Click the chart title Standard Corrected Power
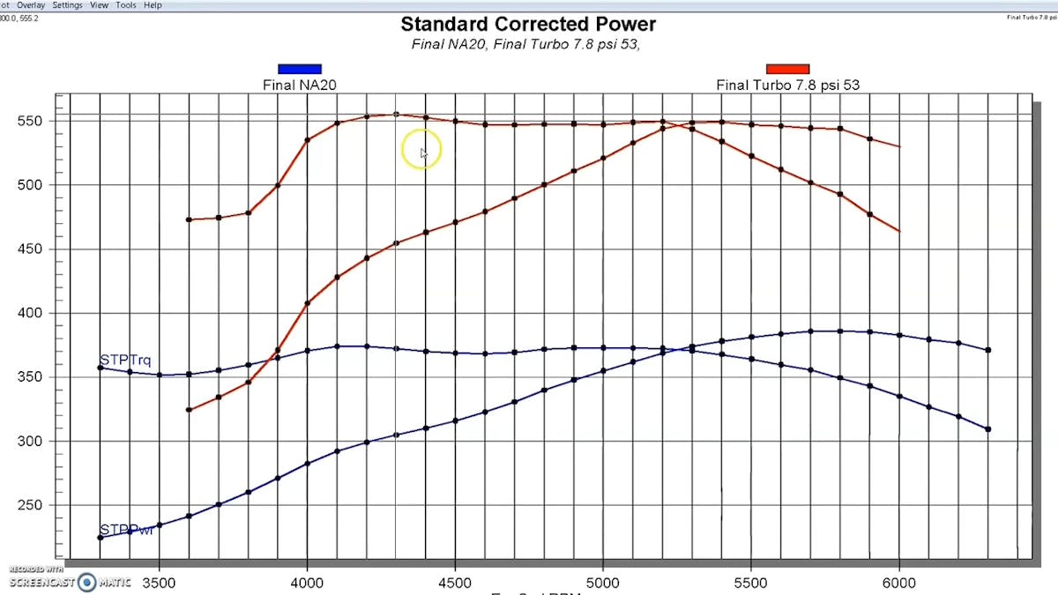(x=528, y=24)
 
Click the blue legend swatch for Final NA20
(x=300, y=69)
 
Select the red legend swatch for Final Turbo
(x=787, y=69)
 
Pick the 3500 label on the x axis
(x=159, y=583)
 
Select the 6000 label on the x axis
(x=899, y=583)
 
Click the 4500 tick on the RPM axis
(x=454, y=583)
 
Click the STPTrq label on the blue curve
(x=125, y=360)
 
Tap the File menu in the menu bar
(x=5, y=5)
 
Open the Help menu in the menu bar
(x=153, y=5)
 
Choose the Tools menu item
(x=126, y=5)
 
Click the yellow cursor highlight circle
(x=421, y=152)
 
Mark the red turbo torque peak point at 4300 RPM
(x=396, y=114)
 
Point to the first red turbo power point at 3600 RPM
(x=189, y=410)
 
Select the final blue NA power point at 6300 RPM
(x=988, y=429)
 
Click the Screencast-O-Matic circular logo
(x=86, y=582)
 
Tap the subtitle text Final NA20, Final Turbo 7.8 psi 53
(x=525, y=45)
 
